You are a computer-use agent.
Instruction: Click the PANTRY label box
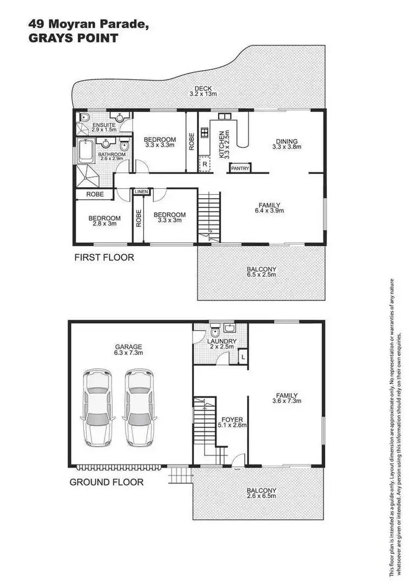click(240, 169)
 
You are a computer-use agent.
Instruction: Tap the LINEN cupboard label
click(141, 192)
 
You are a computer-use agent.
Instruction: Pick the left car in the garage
click(98, 408)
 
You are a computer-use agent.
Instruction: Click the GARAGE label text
click(128, 346)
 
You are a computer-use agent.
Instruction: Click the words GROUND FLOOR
click(106, 482)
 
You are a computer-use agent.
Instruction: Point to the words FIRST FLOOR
click(104, 257)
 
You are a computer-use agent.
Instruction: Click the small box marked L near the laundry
click(242, 357)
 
